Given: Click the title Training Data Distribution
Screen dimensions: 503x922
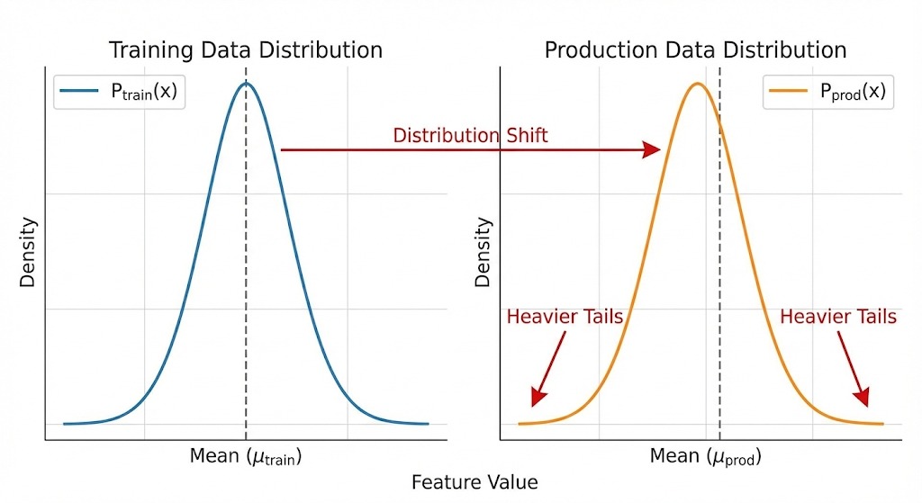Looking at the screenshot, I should [246, 49].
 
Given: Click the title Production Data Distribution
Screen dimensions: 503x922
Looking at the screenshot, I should [695, 49].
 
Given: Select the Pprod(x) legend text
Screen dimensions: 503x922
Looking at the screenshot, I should [846, 92].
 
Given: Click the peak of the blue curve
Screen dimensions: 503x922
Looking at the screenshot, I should [246, 84].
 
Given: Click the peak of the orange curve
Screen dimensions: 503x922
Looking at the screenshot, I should [696, 85].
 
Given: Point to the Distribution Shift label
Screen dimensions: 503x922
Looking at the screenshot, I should [470, 136].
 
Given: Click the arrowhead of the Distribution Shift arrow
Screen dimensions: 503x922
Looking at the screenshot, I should [653, 149].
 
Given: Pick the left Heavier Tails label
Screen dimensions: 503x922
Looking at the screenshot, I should [565, 317].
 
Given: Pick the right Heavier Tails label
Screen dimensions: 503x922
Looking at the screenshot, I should [837, 317].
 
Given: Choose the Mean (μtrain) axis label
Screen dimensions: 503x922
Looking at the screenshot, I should [245, 456].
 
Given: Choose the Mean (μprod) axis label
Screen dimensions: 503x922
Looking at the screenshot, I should [706, 457].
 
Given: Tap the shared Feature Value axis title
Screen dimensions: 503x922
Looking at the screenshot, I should [475, 483].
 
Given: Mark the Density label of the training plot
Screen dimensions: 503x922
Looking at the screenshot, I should [28, 251].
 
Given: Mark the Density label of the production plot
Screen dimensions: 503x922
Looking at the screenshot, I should [484, 251].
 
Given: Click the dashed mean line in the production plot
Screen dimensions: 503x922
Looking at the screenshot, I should [719, 270].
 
